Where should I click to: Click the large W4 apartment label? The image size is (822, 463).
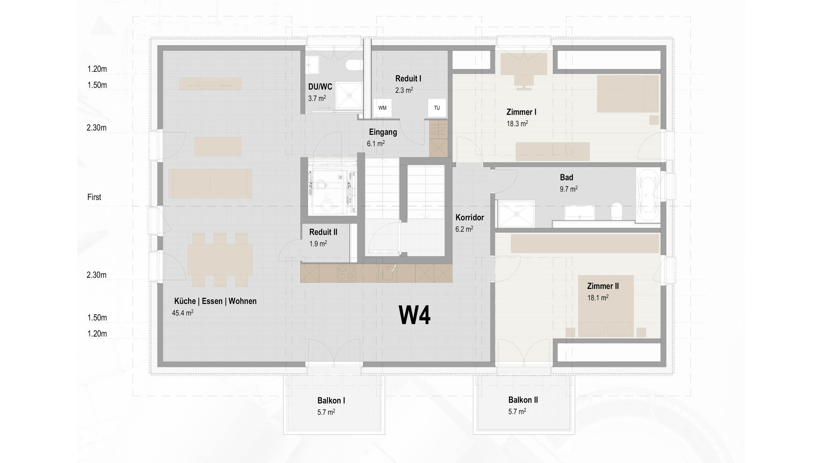click(415, 315)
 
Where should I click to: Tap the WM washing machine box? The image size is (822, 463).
click(382, 108)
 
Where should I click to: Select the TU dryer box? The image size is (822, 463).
click(437, 108)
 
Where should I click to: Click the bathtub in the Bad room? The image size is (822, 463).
click(648, 196)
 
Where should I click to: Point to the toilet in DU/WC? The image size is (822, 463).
click(354, 66)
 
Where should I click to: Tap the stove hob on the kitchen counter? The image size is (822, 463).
click(346, 273)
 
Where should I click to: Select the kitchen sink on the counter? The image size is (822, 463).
click(387, 273)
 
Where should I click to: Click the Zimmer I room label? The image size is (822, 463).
click(521, 112)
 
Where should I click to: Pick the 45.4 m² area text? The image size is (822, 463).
click(182, 313)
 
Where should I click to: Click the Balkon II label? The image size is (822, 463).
click(523, 400)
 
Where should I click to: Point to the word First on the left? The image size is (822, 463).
click(94, 197)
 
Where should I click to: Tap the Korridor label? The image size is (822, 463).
click(469, 218)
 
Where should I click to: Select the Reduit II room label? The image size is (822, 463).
click(323, 232)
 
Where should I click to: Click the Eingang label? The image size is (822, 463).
click(383, 132)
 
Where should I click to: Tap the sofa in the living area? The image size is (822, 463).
click(210, 183)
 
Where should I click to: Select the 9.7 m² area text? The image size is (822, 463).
click(568, 189)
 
